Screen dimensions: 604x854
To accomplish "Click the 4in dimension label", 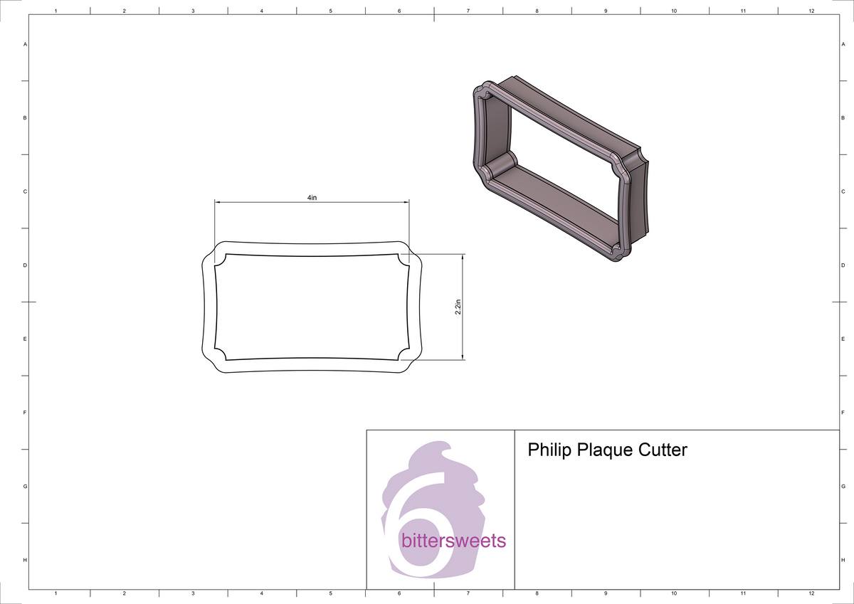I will (x=312, y=197).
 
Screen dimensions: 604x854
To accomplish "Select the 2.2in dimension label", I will (x=458, y=307).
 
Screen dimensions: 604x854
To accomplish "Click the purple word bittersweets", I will (x=453, y=541).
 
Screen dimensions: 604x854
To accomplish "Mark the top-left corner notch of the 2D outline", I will (x=220, y=259).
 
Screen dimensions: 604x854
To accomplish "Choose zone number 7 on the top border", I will (x=468, y=11).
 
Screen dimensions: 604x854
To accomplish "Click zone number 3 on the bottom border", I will (x=193, y=593).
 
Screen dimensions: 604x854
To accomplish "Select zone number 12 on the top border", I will (x=811, y=11).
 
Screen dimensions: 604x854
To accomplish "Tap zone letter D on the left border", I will (x=26, y=265).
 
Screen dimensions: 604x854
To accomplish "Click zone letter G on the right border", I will (x=842, y=487).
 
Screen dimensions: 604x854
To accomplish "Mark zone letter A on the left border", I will (x=26, y=44).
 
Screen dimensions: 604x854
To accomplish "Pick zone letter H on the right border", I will (x=842, y=561).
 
